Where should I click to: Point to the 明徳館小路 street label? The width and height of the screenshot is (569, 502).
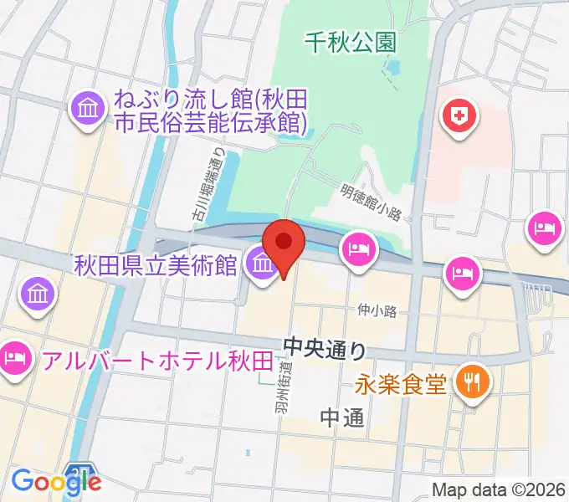coord(374,202)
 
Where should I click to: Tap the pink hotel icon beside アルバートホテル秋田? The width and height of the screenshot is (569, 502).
coord(16,360)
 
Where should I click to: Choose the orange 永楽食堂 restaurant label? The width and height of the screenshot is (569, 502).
coord(400,384)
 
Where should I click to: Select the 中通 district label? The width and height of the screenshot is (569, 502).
coord(343,417)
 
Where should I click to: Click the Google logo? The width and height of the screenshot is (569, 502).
coord(56,481)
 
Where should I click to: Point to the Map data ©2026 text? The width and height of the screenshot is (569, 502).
coord(498,489)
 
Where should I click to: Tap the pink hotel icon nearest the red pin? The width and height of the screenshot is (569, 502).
coord(358,248)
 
